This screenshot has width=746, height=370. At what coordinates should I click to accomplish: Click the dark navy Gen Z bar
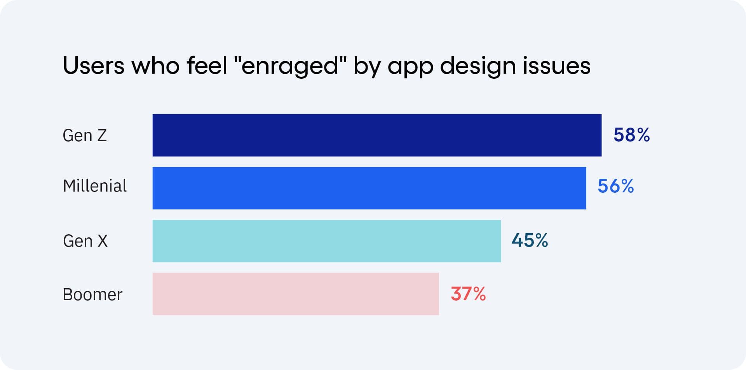[x=377, y=135]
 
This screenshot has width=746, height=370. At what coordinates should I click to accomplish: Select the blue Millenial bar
[x=369, y=188]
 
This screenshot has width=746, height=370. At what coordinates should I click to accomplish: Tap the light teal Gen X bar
[x=326, y=241]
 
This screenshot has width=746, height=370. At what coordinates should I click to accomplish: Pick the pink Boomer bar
[x=295, y=294]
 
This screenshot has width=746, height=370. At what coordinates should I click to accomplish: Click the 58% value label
[x=631, y=135]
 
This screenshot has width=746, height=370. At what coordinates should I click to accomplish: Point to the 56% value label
[x=615, y=186]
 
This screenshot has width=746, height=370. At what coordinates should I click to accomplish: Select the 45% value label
[x=530, y=240]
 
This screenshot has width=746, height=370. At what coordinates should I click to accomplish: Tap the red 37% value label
[x=468, y=294]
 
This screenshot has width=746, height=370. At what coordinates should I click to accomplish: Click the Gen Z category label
[x=85, y=135]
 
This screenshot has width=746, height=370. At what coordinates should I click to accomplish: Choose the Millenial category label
[x=95, y=186]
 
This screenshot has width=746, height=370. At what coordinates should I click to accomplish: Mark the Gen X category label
[x=85, y=241]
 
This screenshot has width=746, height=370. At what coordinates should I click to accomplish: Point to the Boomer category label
[x=92, y=294]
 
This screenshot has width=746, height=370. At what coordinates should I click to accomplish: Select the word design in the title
[x=477, y=66]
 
